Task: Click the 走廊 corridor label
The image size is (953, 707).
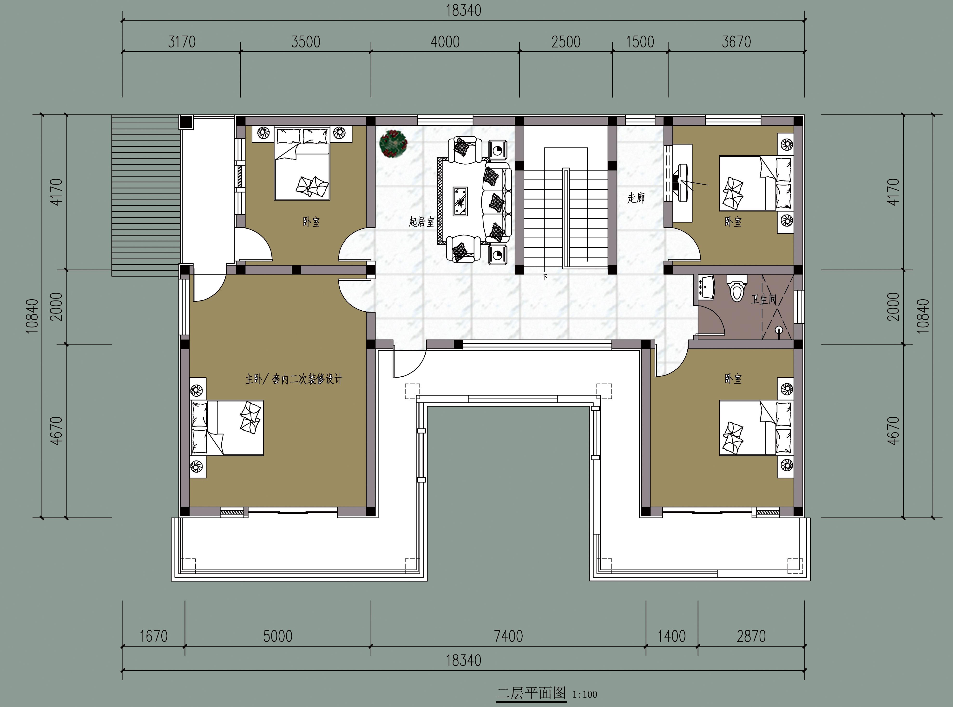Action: tap(636, 198)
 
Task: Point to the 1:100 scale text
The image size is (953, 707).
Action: tap(585, 694)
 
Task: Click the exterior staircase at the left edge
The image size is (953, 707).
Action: tap(145, 196)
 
